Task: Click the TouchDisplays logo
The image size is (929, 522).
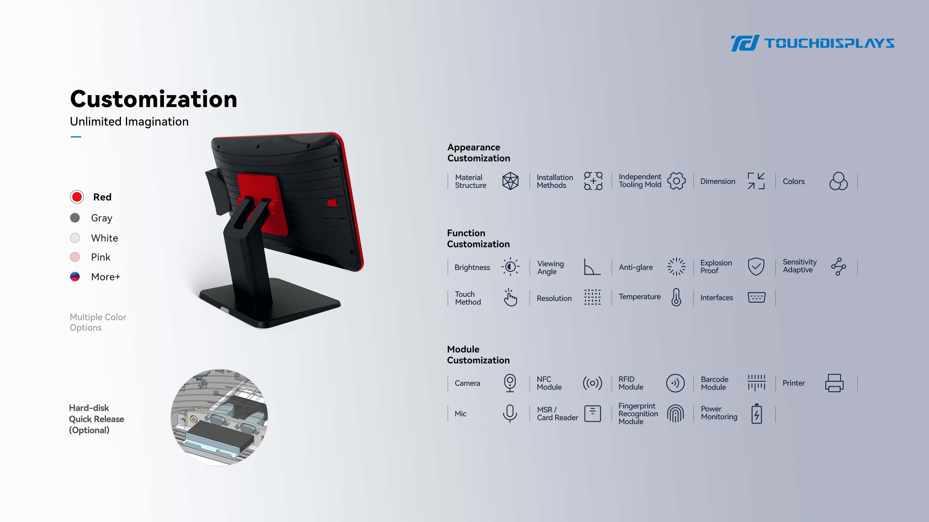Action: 812,43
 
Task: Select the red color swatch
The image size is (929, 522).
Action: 77,197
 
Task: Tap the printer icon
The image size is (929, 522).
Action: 834,383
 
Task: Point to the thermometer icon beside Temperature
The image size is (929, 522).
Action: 676,297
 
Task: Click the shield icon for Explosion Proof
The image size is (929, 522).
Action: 756,267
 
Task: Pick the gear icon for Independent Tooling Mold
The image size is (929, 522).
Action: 676,181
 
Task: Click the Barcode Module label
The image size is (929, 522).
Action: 714,383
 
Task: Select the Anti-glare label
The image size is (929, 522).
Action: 636,267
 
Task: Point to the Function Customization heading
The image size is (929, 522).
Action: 478,238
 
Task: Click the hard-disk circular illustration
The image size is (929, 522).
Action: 219,417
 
